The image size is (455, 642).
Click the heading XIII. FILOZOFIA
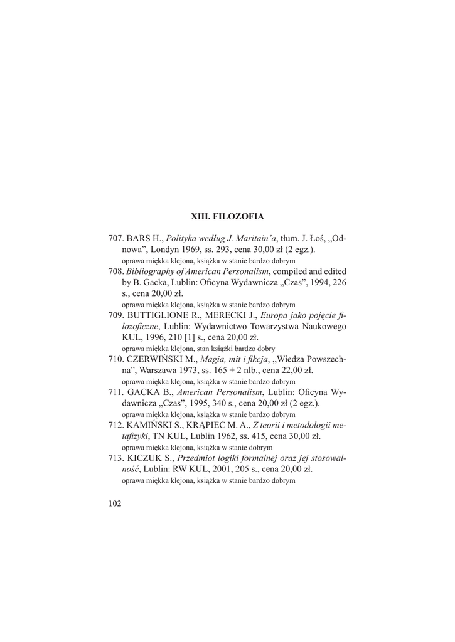coord(227,216)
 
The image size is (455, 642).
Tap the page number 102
coord(115,503)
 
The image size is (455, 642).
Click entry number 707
coord(116,239)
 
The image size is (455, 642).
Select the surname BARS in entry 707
coord(138,239)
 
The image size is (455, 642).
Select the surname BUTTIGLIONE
coord(161,315)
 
